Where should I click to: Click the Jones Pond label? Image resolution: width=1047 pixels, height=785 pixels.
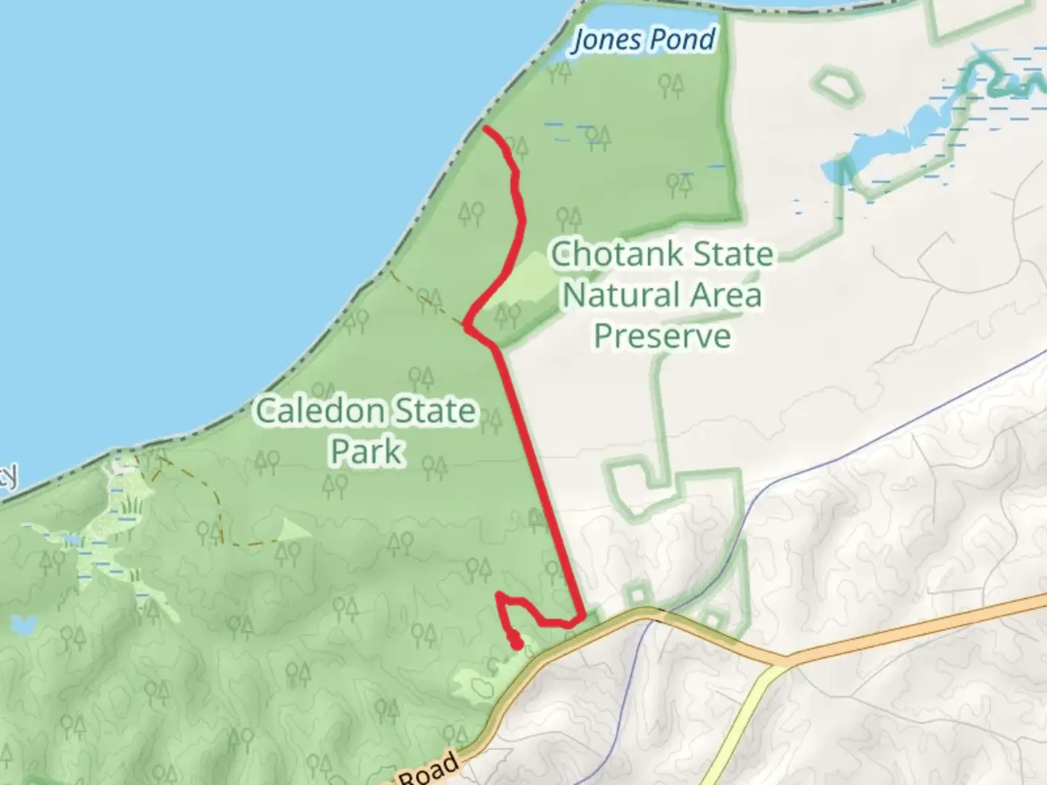(643, 39)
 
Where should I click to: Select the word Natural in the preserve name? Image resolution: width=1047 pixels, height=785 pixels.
(612, 295)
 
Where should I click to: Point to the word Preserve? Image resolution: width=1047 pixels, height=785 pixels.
(662, 337)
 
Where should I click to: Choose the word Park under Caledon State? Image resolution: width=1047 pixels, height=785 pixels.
(366, 451)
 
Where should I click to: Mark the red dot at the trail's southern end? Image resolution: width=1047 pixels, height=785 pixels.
(516, 644)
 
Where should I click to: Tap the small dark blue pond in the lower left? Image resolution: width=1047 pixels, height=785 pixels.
(24, 624)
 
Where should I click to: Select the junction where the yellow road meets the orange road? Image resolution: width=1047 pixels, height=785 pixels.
(785, 664)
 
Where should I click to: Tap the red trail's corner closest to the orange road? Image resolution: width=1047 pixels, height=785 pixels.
(582, 618)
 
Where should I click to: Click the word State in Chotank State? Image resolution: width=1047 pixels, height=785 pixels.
(732, 254)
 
